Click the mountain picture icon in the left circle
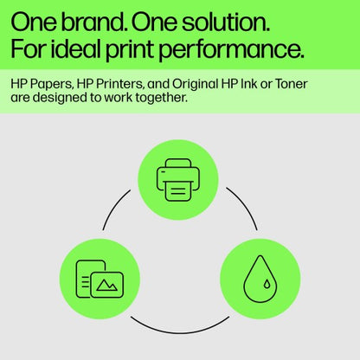107,282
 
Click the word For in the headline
29,48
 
